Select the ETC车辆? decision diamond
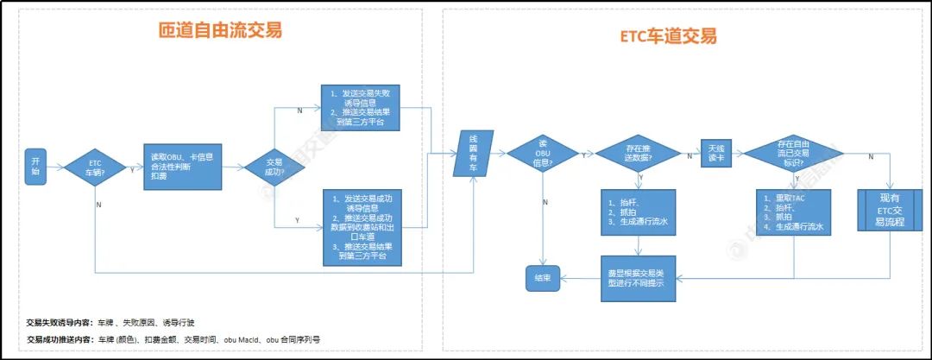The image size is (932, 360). click(x=96, y=167)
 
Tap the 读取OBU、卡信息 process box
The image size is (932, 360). click(x=182, y=167)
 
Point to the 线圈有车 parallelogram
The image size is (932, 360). click(x=473, y=154)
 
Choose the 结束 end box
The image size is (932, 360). click(x=545, y=277)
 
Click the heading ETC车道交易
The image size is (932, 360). click(x=668, y=36)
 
